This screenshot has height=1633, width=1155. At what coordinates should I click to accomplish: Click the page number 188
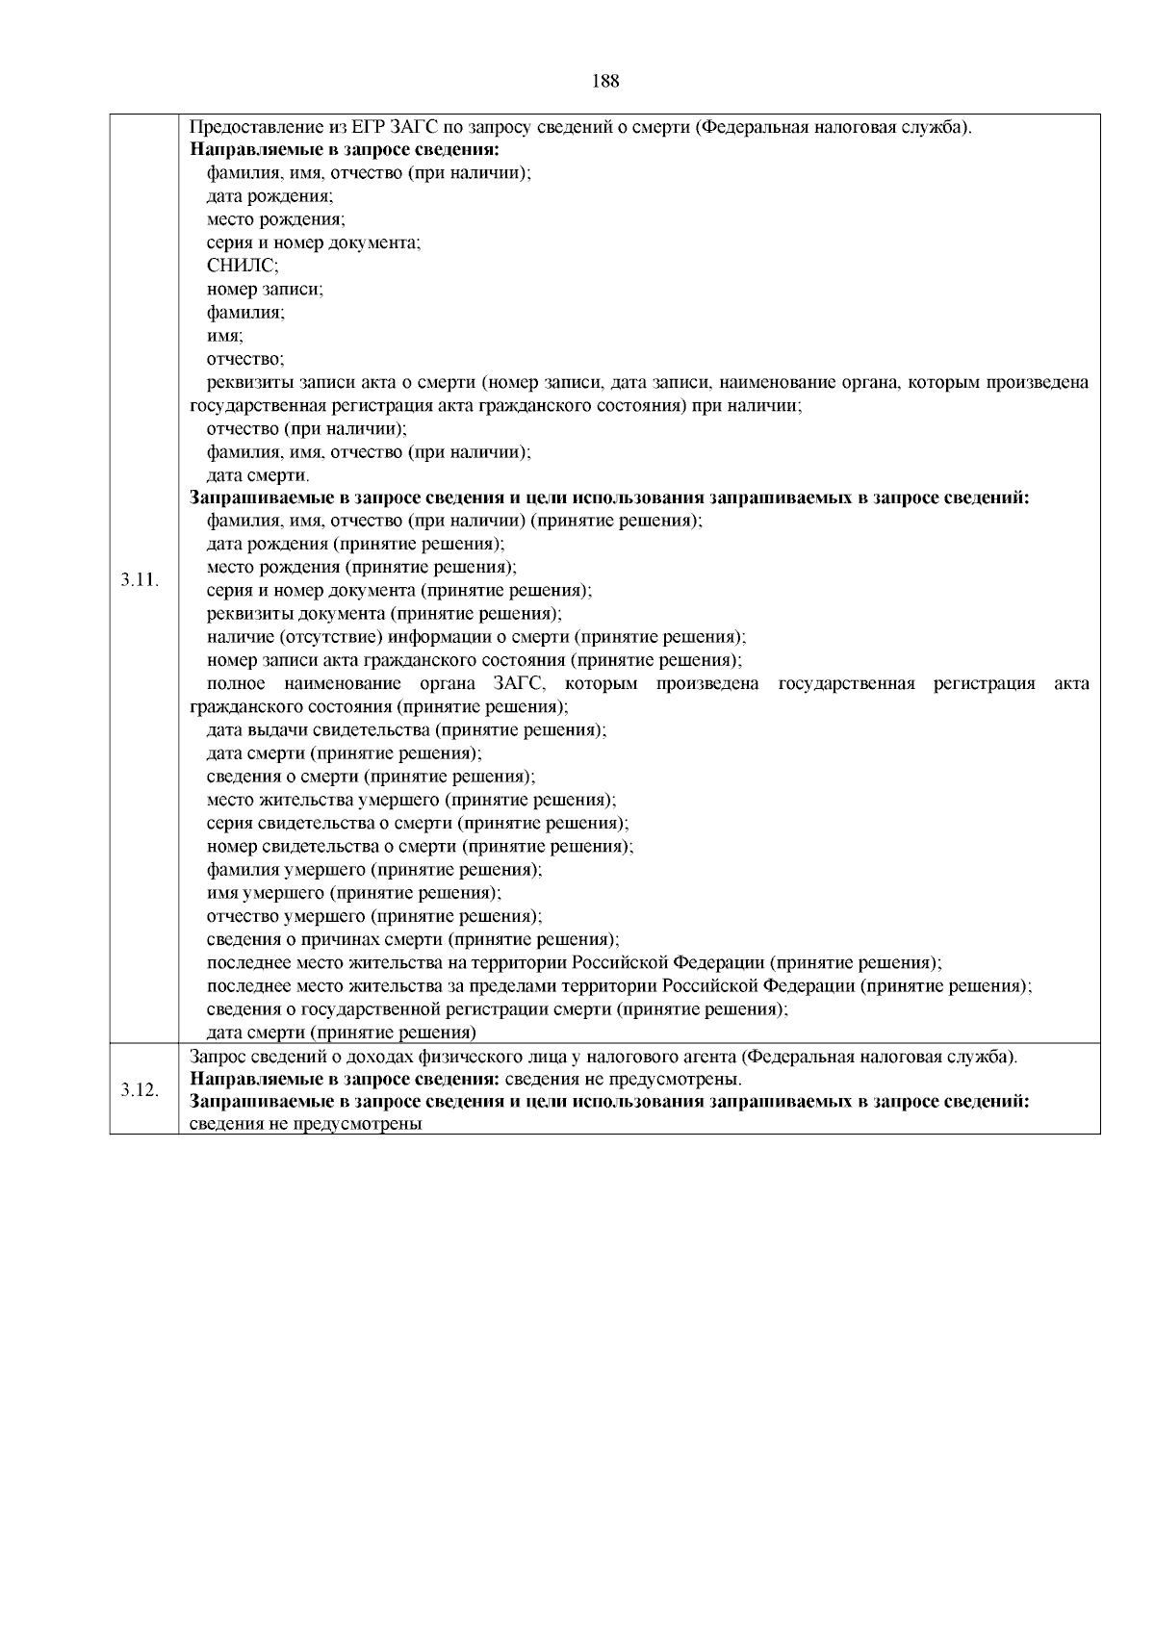pyautogui.click(x=604, y=81)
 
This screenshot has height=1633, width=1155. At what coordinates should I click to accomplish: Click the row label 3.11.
pyautogui.click(x=141, y=580)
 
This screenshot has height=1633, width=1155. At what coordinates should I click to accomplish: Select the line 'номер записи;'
pyautogui.click(x=265, y=290)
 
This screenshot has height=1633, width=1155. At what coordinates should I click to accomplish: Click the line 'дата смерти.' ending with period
pyautogui.click(x=258, y=475)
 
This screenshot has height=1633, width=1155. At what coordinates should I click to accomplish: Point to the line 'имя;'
pyautogui.click(x=224, y=336)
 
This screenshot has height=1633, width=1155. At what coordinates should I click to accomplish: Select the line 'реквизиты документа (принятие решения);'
pyautogui.click(x=384, y=614)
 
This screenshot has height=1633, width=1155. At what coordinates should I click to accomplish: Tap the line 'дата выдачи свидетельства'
pyautogui.click(x=406, y=729)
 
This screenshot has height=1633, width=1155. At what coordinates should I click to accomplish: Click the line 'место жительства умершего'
pyautogui.click(x=411, y=800)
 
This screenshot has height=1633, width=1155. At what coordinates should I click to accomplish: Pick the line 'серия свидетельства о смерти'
pyautogui.click(x=418, y=823)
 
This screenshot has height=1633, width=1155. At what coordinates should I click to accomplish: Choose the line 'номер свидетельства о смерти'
pyautogui.click(x=420, y=846)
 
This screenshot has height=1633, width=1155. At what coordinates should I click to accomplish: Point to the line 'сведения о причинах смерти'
pyautogui.click(x=413, y=939)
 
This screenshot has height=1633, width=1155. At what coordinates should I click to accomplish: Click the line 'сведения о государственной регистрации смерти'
pyautogui.click(x=498, y=1009)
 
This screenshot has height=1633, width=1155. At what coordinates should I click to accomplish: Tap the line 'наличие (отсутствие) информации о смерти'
pyautogui.click(x=476, y=637)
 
